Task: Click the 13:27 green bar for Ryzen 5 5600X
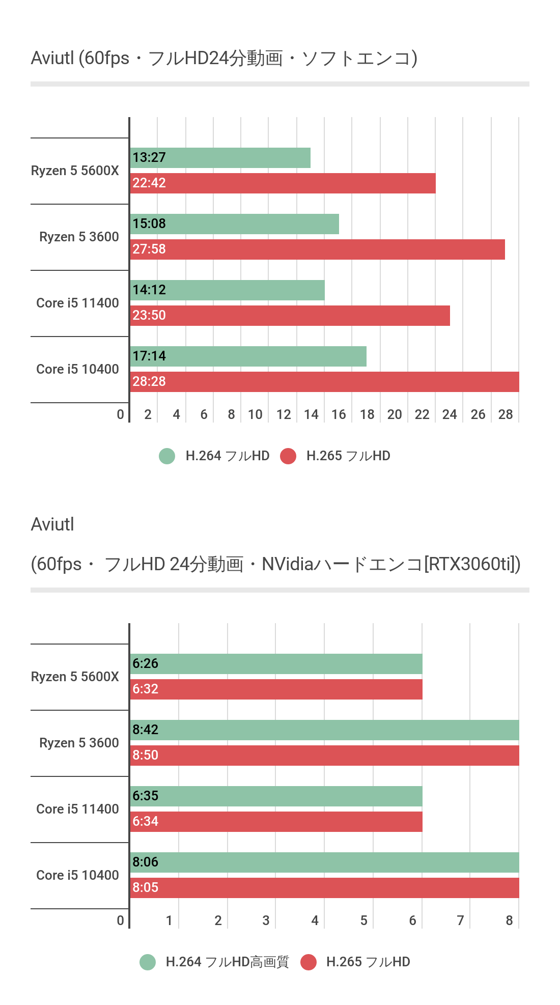coord(220,158)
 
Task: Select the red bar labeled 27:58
coord(317,249)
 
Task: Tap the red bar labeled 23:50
coord(290,316)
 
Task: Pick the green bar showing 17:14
coord(248,356)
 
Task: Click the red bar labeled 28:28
coord(324,382)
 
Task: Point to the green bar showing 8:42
coord(324,730)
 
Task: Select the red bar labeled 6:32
coord(276,689)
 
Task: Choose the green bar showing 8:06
coord(324,862)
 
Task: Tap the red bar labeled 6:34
coord(276,822)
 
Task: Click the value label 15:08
coord(149,224)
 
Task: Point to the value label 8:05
coord(146,887)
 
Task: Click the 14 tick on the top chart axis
coord(311,414)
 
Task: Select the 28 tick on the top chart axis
coord(506,414)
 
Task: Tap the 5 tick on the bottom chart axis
coord(363,920)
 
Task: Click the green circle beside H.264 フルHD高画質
coord(148,962)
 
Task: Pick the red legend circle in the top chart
coord(288,456)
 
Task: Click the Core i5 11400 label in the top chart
coord(77,303)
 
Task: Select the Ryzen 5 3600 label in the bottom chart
coord(79,743)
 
